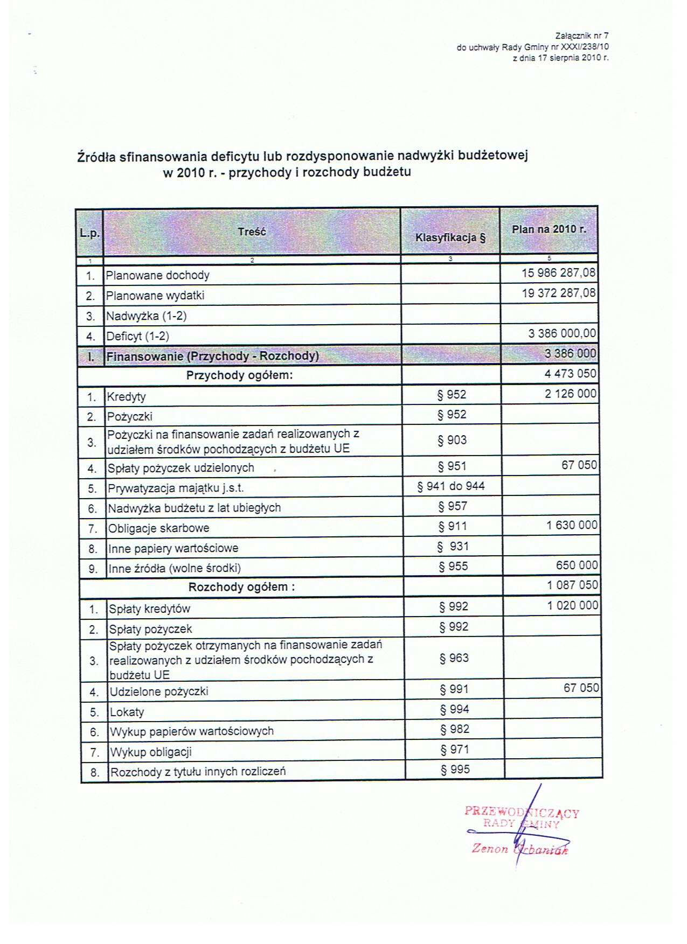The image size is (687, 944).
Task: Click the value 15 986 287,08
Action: (x=559, y=273)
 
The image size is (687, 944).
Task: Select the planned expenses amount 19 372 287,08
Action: (x=559, y=293)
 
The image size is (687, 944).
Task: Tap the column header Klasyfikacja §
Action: (x=450, y=237)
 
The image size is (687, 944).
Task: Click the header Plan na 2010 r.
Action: (x=549, y=229)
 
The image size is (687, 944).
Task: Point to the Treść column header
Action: (x=252, y=232)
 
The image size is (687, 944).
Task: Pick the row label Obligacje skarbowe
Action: (x=158, y=528)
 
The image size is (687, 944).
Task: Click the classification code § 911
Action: (x=453, y=526)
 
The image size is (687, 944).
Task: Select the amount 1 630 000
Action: (x=572, y=525)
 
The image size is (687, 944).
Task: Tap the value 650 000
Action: (x=577, y=565)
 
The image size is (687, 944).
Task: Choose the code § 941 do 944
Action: (x=451, y=486)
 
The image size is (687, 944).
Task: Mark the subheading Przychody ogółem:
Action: (x=239, y=375)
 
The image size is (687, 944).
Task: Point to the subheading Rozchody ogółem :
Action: (x=241, y=587)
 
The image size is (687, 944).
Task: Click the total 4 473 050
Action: (x=571, y=374)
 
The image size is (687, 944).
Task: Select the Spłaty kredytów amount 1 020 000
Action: (x=573, y=606)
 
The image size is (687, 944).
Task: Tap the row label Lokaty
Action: (x=127, y=712)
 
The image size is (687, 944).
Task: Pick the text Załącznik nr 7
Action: (x=581, y=37)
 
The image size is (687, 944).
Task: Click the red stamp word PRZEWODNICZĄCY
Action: (x=521, y=813)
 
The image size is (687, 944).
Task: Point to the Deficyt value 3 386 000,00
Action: (x=563, y=334)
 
